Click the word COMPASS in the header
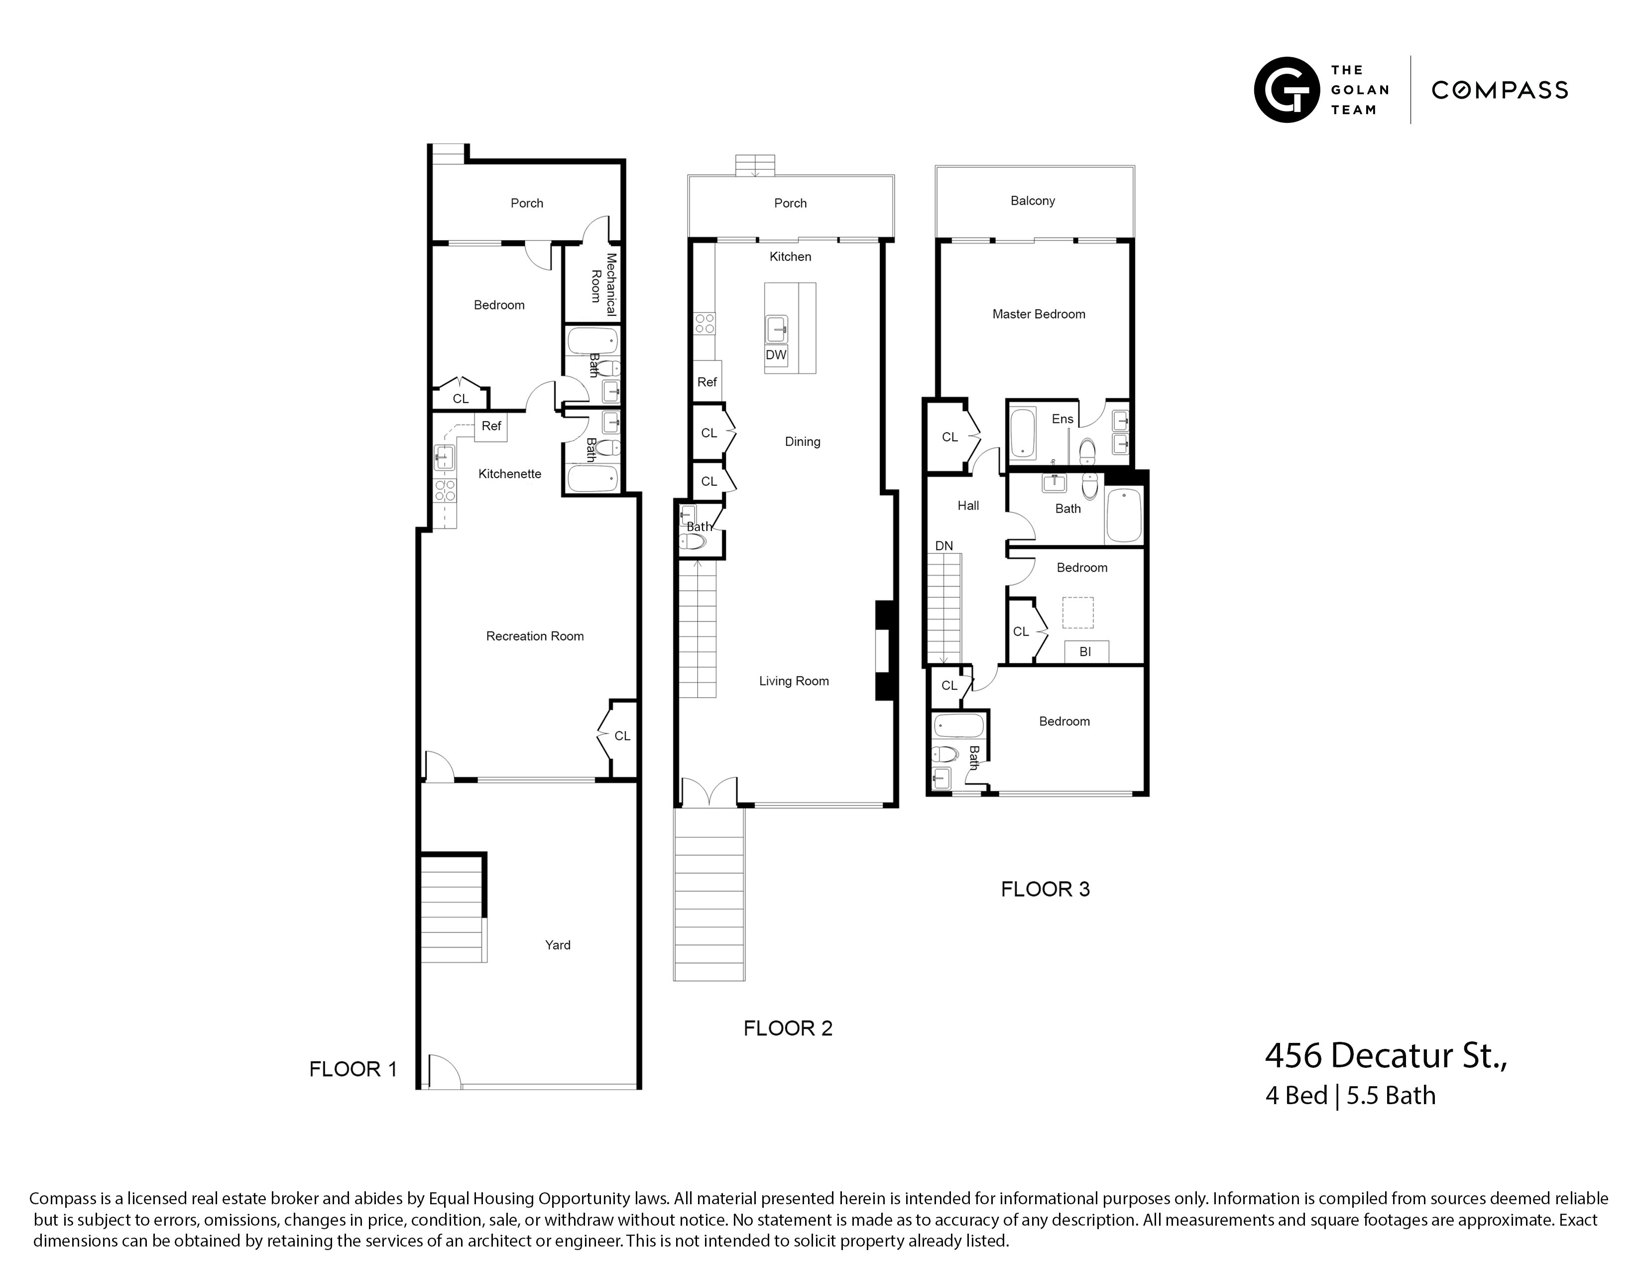pyautogui.click(x=1499, y=90)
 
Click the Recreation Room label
pyautogui.click(x=534, y=636)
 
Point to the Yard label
pyautogui.click(x=558, y=945)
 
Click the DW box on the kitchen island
pyautogui.click(x=776, y=355)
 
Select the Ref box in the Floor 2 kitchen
pyautogui.click(x=706, y=382)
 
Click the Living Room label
pyautogui.click(x=794, y=681)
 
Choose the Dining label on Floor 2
pyautogui.click(x=802, y=442)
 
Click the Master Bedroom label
pyautogui.click(x=1038, y=314)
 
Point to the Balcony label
pyautogui.click(x=1032, y=201)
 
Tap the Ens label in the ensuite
pyautogui.click(x=1062, y=419)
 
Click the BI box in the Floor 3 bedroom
pyautogui.click(x=1085, y=651)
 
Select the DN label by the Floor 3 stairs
pyautogui.click(x=943, y=545)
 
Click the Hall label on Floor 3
pyautogui.click(x=967, y=506)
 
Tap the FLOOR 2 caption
pyautogui.click(x=788, y=1028)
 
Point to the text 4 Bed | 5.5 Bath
pyautogui.click(x=1350, y=1096)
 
